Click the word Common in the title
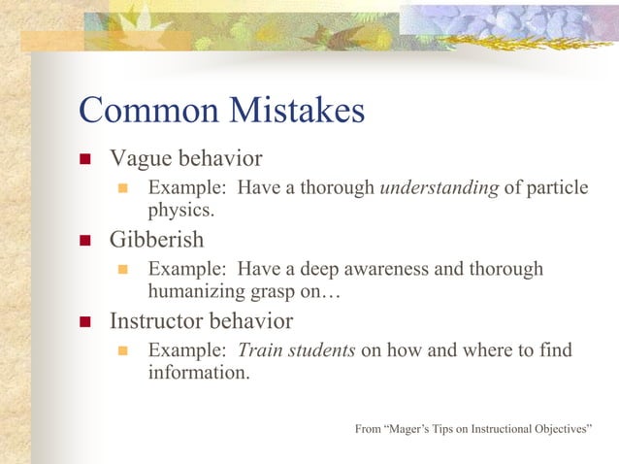tap(149, 111)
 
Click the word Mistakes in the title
tap(297, 111)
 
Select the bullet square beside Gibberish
tap(86, 240)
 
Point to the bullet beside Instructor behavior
tap(86, 321)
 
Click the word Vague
tap(139, 158)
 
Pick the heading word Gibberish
tap(156, 239)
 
